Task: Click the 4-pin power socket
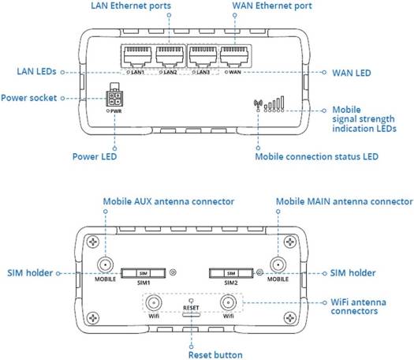(115, 98)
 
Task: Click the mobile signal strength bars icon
(273, 103)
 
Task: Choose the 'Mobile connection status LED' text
(316, 156)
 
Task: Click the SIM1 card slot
(143, 273)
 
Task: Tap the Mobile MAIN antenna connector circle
(277, 266)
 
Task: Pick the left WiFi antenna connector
(154, 302)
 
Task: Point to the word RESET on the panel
(189, 307)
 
